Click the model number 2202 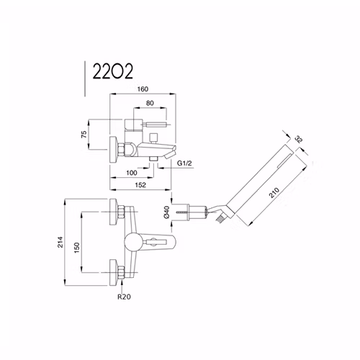tap(112, 71)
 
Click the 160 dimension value tap(143, 89)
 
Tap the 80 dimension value tap(150, 103)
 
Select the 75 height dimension tap(84, 134)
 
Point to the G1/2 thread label tap(184, 163)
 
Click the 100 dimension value tap(132, 173)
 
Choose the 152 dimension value tap(140, 185)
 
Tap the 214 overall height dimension tap(60, 242)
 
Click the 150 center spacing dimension tap(76, 248)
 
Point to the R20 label tap(124, 297)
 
